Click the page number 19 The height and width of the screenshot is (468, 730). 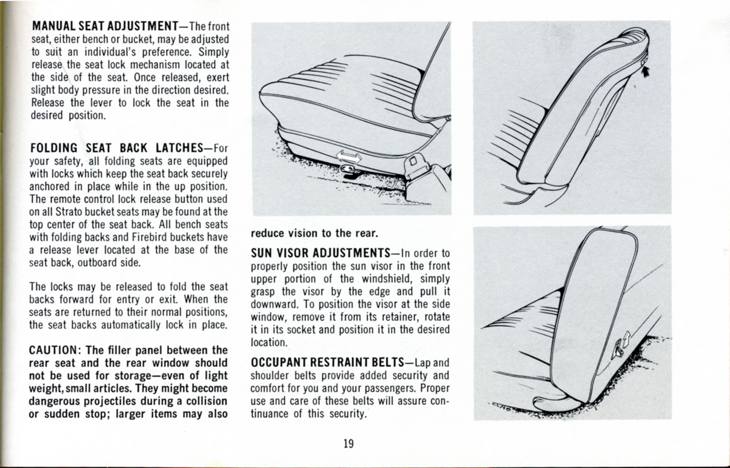pyautogui.click(x=348, y=443)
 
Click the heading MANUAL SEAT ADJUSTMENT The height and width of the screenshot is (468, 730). pyautogui.click(x=105, y=26)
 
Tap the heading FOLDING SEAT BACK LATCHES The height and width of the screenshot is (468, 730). pyautogui.click(x=116, y=148)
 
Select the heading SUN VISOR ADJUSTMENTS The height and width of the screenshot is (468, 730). pyautogui.click(x=320, y=253)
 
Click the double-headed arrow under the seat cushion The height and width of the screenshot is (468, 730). pyautogui.click(x=348, y=157)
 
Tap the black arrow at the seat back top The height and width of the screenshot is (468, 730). pyautogui.click(x=645, y=72)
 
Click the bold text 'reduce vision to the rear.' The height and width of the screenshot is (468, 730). pyautogui.click(x=314, y=234)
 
